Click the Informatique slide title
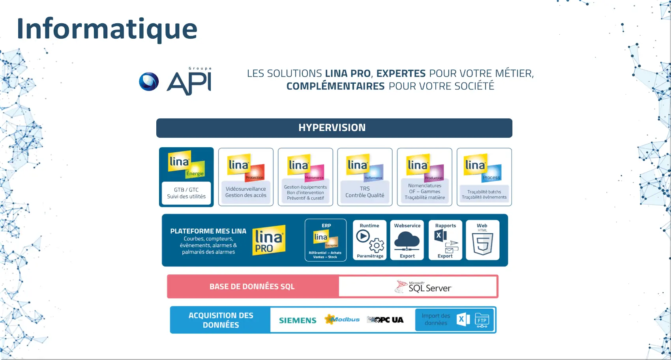click(x=107, y=29)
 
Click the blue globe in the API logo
click(x=149, y=82)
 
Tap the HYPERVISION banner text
click(x=332, y=128)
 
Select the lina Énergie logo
click(x=186, y=164)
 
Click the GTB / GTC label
click(x=186, y=190)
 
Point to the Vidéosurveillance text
click(x=246, y=189)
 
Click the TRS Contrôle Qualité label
click(x=365, y=192)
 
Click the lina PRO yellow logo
click(x=269, y=240)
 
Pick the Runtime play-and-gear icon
click(x=370, y=241)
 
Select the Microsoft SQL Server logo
click(x=423, y=287)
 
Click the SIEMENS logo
click(x=298, y=321)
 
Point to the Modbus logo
click(x=342, y=319)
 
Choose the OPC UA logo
click(x=385, y=320)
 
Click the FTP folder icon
click(x=482, y=320)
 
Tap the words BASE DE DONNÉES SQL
click(x=252, y=287)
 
